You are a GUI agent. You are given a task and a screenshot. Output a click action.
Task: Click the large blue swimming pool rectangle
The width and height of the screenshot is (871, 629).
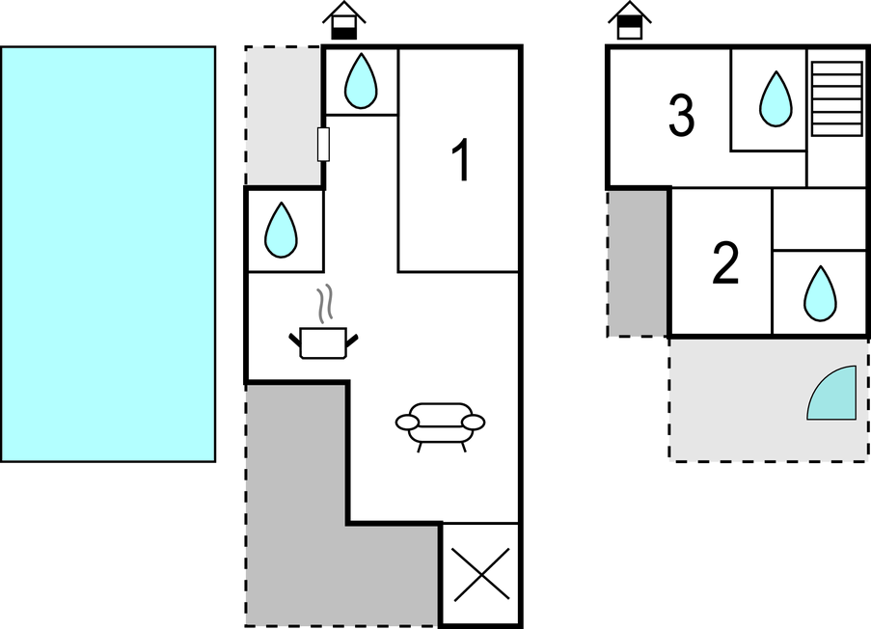[x=108, y=254]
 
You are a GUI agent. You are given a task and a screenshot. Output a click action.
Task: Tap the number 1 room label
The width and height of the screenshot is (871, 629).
[x=462, y=161]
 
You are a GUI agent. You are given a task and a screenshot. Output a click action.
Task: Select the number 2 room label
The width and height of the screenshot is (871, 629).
[x=725, y=263]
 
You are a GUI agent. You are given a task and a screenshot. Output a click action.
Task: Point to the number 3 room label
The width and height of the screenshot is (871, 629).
[x=681, y=117]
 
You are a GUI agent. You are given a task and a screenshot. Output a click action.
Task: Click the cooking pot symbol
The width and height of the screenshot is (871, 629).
[x=323, y=342]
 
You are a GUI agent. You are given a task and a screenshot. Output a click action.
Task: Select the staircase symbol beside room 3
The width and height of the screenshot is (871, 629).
[x=836, y=98]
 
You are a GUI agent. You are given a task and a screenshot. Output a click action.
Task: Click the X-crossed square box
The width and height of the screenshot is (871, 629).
[x=480, y=575]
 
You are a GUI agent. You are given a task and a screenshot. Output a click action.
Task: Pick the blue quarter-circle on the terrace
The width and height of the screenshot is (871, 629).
[x=835, y=396]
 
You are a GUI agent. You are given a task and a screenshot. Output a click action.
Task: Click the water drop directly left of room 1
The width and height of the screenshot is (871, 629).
[x=361, y=81]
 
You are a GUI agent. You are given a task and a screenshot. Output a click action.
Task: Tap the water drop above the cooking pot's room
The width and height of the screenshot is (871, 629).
[x=282, y=230]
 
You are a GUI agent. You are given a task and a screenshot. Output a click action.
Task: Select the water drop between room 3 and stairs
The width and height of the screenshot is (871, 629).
[x=775, y=98]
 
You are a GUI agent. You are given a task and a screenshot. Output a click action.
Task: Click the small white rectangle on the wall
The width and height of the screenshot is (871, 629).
[x=324, y=144]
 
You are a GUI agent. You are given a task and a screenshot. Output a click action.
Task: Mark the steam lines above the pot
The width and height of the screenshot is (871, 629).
[x=328, y=302]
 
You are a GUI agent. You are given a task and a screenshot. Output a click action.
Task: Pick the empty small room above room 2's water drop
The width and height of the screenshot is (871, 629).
[x=819, y=219]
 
